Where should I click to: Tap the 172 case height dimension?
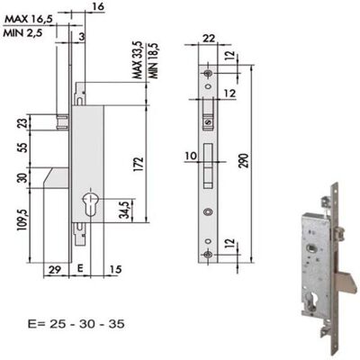pos(139,164)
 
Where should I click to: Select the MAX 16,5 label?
pos(29,19)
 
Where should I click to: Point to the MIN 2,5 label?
pos(22,32)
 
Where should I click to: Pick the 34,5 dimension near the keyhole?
pos(125,209)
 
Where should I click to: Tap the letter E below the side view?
pos(79,268)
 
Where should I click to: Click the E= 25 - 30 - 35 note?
pos(76,324)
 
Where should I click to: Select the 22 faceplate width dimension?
pos(208,39)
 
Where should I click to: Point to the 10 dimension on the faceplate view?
pos(191,157)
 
